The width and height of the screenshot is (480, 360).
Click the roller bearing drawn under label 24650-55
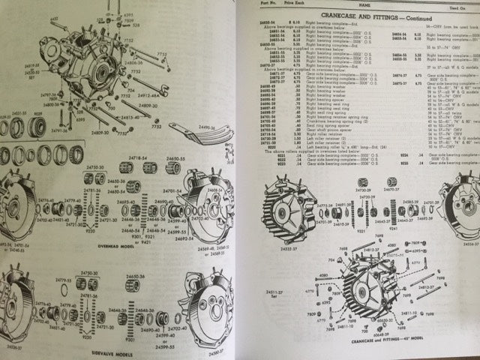point(181,175)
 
